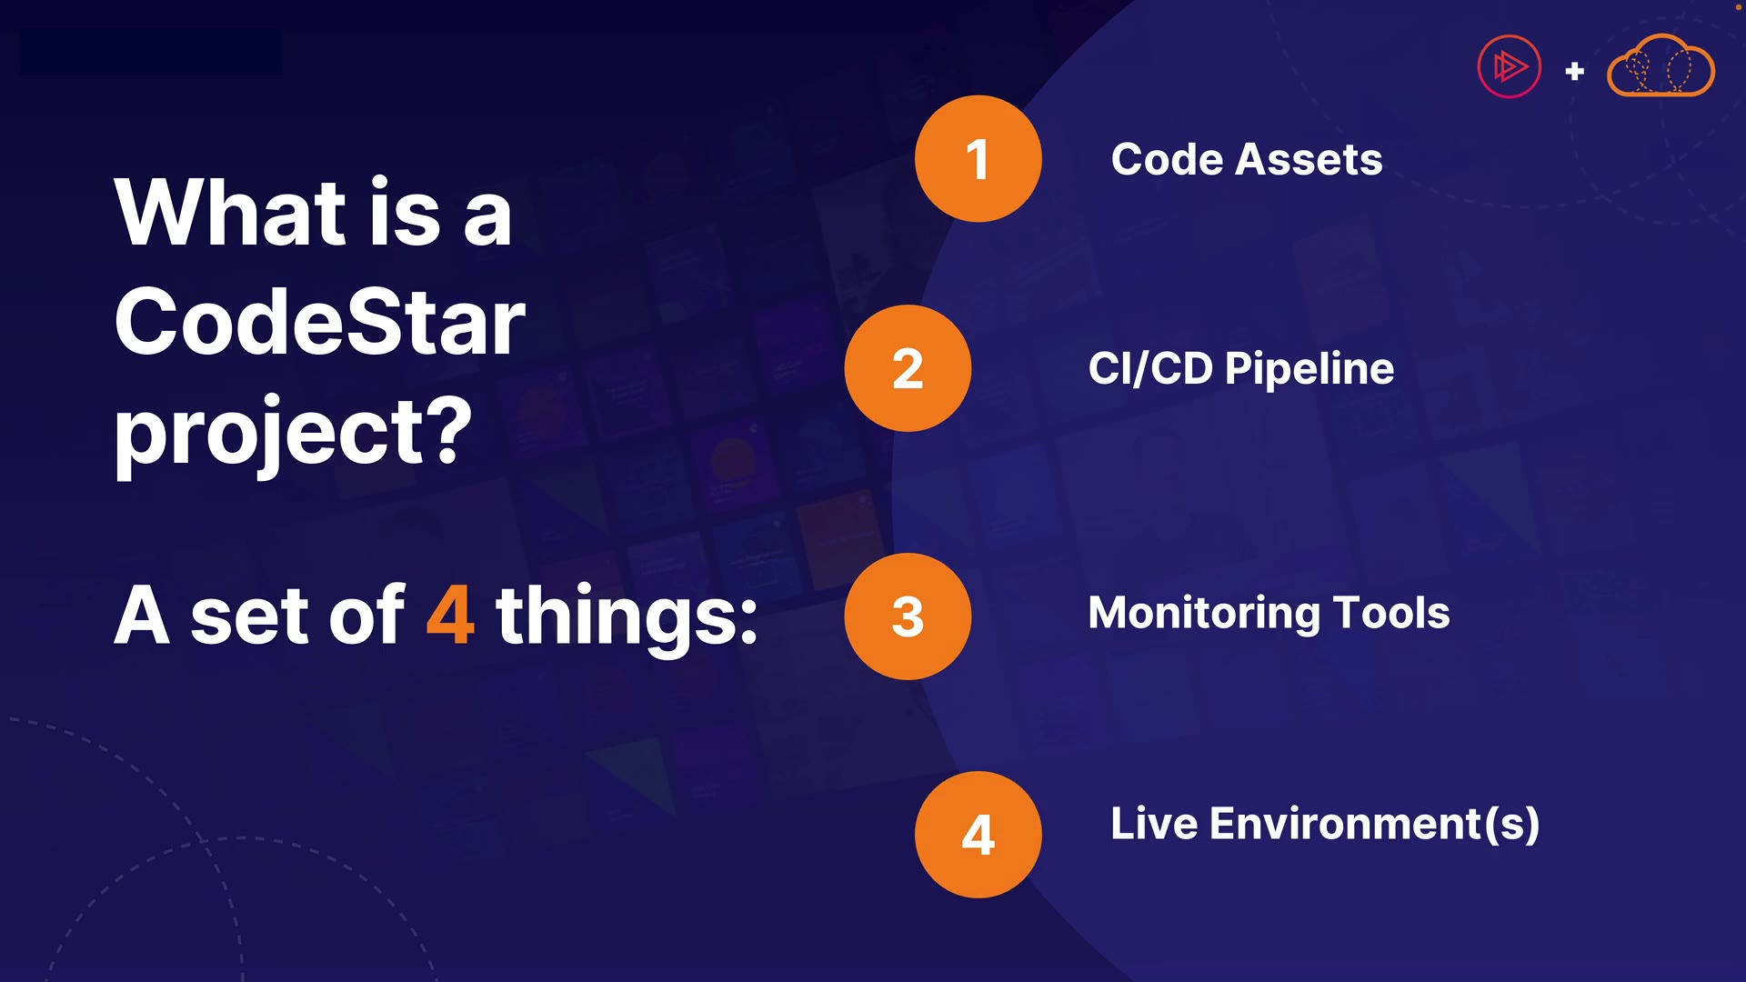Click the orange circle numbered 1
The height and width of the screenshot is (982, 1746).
tap(978, 158)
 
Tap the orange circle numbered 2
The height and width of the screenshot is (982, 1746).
tap(908, 368)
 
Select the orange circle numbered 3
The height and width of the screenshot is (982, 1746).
tap(908, 616)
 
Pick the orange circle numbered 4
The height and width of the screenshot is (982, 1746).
tap(978, 835)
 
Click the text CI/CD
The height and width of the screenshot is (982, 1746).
tap(1150, 368)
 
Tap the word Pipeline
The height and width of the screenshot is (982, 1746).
tap(1309, 369)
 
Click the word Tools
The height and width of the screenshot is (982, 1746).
tap(1391, 613)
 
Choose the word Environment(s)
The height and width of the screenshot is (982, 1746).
tap(1374, 825)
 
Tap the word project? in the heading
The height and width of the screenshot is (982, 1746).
tap(293, 433)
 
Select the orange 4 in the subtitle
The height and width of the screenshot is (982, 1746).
tap(450, 616)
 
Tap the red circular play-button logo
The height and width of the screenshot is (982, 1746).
tap(1510, 66)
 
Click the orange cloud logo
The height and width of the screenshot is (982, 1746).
tap(1661, 65)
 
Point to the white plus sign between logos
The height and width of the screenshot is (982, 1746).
tap(1575, 71)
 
